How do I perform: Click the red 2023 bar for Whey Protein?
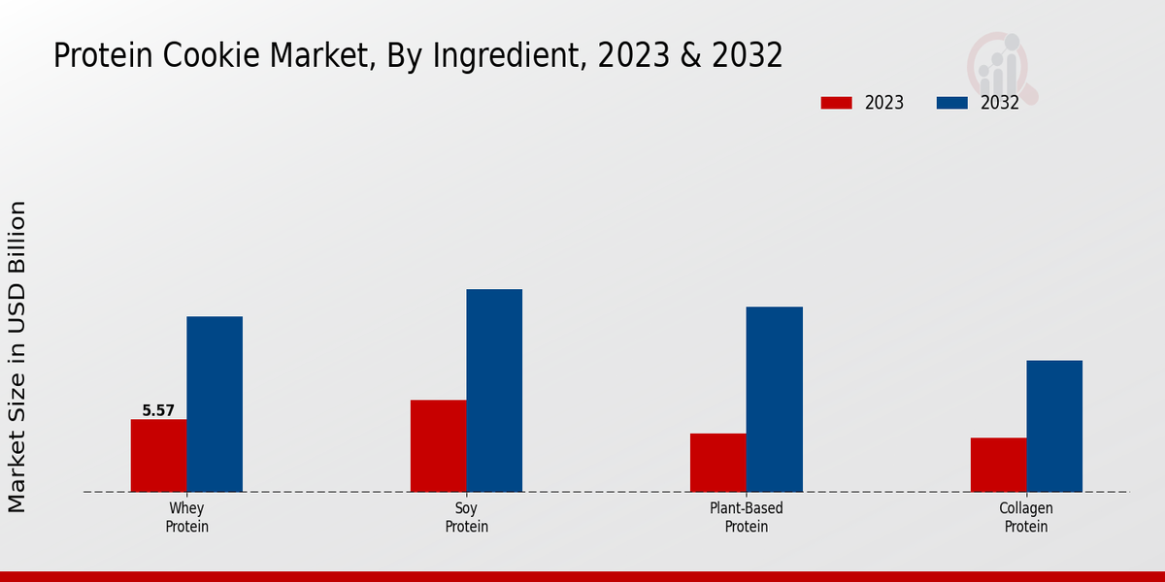(x=158, y=455)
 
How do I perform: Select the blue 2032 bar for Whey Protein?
(x=215, y=404)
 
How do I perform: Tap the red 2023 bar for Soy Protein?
(x=438, y=445)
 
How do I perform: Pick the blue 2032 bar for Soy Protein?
(x=494, y=390)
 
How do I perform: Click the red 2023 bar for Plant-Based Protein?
(x=718, y=462)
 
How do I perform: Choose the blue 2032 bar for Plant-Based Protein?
(x=775, y=399)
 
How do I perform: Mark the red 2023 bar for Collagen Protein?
(x=998, y=465)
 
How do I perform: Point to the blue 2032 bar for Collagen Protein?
(x=1054, y=426)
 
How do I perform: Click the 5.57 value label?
(x=158, y=410)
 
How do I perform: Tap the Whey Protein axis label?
(x=186, y=518)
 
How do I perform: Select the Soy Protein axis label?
(x=466, y=518)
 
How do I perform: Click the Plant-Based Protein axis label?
(x=747, y=518)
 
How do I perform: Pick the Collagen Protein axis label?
(x=1026, y=518)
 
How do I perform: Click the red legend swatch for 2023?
(x=836, y=103)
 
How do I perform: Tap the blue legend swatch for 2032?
(x=952, y=103)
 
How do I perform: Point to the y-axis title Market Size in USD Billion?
(x=17, y=357)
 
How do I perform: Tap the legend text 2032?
(x=1000, y=103)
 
